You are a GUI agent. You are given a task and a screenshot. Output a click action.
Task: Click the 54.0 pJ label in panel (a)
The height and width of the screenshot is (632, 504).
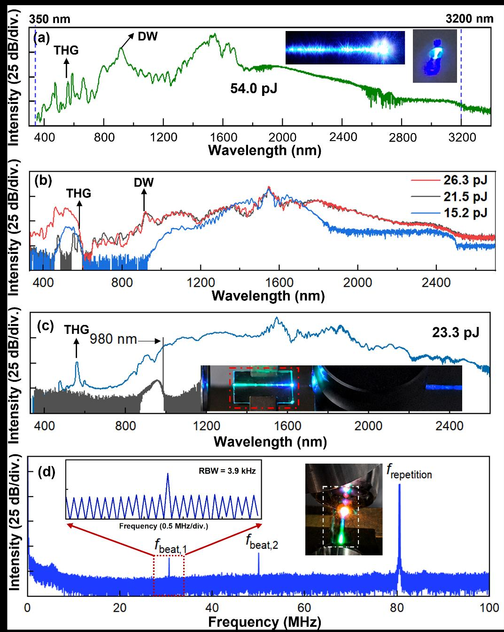click(254, 88)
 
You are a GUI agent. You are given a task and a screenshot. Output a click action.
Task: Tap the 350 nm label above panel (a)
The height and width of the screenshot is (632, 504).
click(50, 19)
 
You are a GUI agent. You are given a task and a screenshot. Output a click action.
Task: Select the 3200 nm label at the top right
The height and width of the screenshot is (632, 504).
click(469, 19)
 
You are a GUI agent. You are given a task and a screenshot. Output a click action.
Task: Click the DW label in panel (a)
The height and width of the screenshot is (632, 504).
click(147, 36)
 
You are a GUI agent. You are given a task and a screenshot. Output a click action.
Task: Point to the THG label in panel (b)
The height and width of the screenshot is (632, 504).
click(78, 193)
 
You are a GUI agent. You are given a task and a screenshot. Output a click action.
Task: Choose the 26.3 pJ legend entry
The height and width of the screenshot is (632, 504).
click(465, 180)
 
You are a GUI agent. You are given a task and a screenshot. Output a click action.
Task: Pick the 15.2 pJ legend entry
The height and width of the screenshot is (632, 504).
click(465, 213)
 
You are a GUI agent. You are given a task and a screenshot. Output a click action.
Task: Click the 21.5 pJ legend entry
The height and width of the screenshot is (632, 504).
click(465, 197)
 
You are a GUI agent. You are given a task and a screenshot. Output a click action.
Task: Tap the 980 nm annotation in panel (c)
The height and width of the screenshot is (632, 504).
click(114, 339)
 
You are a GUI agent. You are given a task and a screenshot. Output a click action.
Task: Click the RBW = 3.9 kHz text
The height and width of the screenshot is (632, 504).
click(227, 471)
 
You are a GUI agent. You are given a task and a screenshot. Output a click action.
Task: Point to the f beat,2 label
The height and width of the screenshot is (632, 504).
click(262, 542)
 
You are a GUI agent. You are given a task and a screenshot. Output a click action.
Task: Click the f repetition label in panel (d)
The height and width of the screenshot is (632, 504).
click(409, 472)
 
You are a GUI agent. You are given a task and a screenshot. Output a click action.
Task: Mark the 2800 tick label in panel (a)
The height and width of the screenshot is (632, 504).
click(403, 137)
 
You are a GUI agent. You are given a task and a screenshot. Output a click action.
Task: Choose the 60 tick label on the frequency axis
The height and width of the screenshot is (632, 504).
click(304, 608)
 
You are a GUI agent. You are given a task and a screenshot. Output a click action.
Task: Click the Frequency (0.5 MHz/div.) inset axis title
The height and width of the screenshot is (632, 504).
click(163, 526)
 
